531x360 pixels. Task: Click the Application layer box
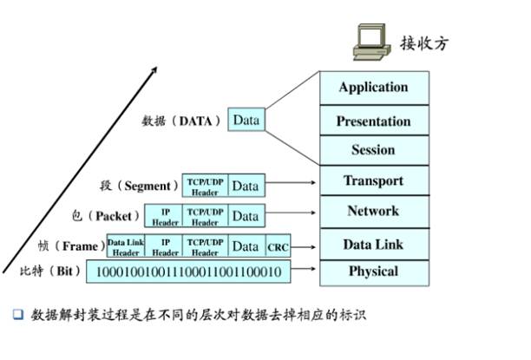tap(373, 88)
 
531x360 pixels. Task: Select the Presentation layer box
tap(373, 121)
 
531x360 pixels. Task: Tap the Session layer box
tap(373, 150)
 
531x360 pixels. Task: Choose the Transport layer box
tap(373, 181)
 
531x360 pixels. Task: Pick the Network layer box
tap(373, 211)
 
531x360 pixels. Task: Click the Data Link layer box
tap(373, 245)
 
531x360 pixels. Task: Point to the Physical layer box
tap(373, 272)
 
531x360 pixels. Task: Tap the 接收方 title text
tap(426, 43)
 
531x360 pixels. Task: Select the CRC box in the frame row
tap(278, 247)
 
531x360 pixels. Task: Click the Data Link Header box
tap(125, 247)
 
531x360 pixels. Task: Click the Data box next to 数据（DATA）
tap(246, 120)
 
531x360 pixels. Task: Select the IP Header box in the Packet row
tap(165, 216)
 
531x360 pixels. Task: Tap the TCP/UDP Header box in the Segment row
tap(205, 186)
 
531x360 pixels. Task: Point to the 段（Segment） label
tap(138, 186)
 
